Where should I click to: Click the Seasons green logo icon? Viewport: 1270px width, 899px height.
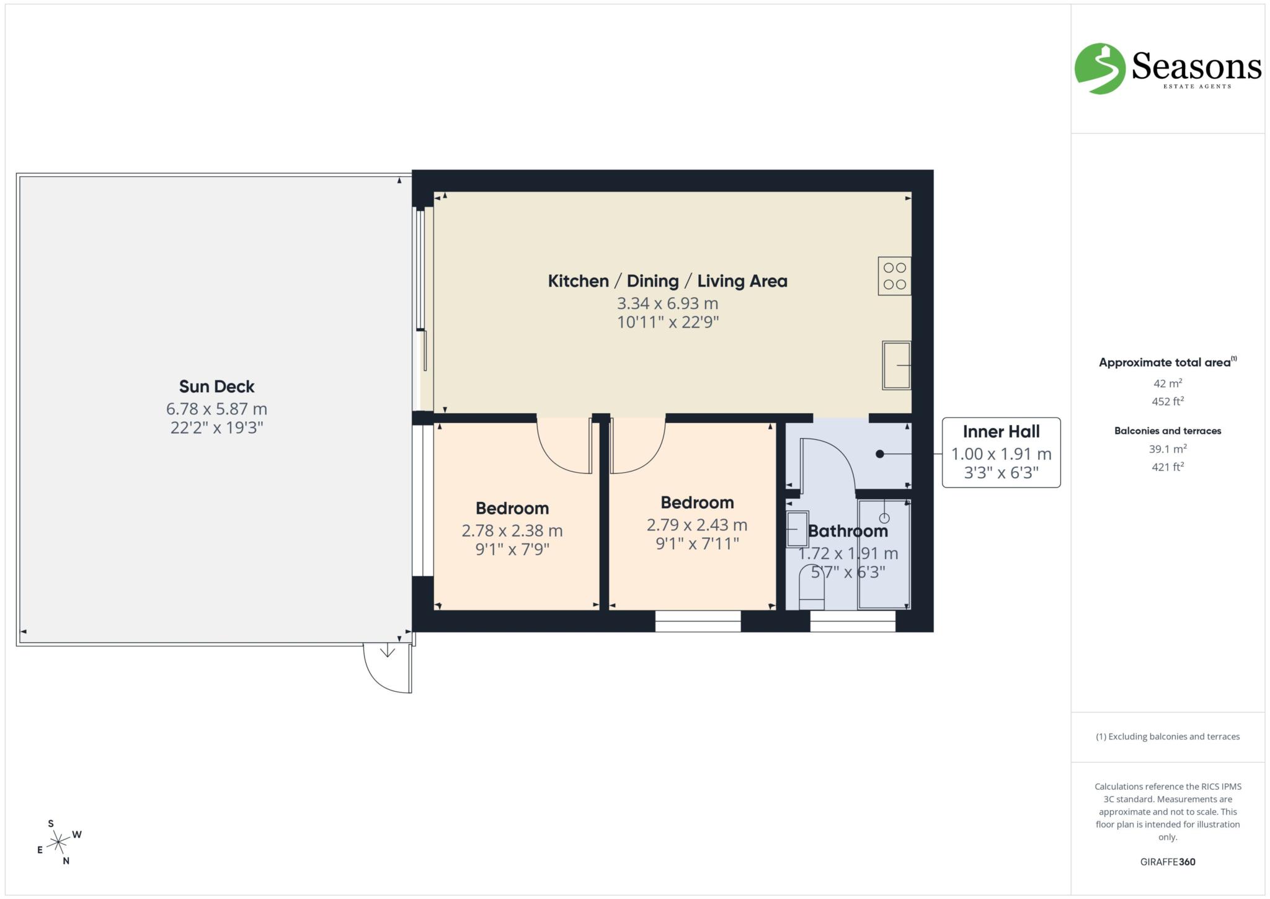1099,68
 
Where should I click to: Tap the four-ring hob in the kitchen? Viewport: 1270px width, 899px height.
894,276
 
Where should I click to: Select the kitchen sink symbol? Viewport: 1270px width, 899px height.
896,365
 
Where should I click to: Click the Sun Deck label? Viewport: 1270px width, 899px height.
216,387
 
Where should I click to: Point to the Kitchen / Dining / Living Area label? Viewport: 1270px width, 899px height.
667,281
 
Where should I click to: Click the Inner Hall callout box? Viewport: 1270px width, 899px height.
1001,452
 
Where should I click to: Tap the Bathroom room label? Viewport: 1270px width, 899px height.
848,531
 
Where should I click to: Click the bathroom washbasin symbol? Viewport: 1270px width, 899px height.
797,529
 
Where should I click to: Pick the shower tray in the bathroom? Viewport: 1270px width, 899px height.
884,554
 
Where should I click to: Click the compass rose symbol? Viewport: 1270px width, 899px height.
58,842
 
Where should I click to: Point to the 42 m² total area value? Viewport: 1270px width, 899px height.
1168,383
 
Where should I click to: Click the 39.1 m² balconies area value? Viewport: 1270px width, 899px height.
1168,449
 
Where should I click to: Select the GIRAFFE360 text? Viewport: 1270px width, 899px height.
1168,862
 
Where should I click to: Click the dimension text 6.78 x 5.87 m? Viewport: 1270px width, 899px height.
216,409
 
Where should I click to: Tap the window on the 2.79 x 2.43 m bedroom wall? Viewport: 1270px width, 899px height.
698,621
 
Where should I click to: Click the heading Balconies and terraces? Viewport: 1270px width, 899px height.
1168,431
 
